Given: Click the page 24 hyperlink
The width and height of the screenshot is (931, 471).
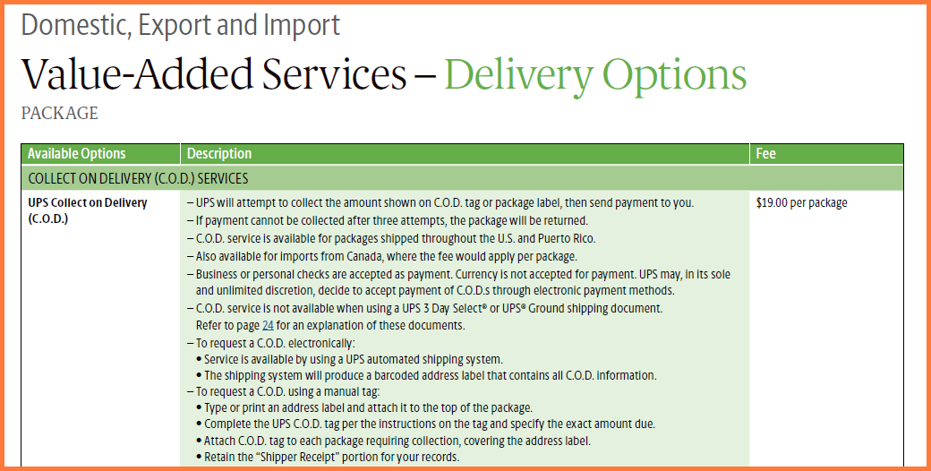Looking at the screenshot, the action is [268, 325].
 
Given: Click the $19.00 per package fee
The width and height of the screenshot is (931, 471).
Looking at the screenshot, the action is [801, 203].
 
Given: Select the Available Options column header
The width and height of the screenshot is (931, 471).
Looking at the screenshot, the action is [77, 154].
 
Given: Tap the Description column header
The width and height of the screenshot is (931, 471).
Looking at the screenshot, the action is [219, 154].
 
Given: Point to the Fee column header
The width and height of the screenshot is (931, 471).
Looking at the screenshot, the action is [766, 154].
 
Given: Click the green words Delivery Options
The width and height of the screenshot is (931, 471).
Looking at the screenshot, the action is [595, 75].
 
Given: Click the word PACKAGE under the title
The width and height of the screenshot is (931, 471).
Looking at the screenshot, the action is [59, 113].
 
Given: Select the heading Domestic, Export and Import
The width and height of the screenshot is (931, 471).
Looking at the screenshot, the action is [181, 25].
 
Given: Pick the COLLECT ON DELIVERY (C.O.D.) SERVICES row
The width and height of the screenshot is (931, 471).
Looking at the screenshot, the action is [462, 178].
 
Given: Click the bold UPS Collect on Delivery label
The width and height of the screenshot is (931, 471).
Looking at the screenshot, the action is [88, 210].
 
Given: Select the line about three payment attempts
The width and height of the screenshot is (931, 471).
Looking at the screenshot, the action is [387, 221].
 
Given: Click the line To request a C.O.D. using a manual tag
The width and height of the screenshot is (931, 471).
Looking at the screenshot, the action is [283, 391].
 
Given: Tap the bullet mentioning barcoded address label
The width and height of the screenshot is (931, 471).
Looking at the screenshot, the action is [426, 375].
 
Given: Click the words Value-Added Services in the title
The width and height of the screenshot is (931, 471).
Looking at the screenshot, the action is [214, 75].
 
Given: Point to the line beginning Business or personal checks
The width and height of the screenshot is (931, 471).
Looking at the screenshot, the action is [458, 283].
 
